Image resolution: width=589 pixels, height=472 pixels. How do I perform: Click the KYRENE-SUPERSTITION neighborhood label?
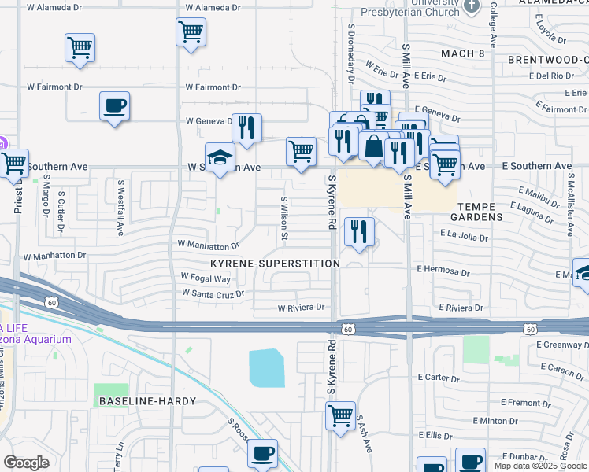[x=275, y=263]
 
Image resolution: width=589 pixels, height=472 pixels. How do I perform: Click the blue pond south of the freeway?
[x=266, y=367]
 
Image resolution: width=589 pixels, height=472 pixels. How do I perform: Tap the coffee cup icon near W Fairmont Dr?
[x=115, y=105]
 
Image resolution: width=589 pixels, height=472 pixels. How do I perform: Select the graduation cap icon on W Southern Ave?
[x=220, y=157]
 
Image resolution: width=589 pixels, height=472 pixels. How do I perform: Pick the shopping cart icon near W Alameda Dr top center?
[x=191, y=32]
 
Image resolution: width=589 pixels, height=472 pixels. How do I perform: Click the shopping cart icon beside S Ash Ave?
[x=340, y=414]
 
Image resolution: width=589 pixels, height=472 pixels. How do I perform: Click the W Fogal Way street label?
[x=206, y=278]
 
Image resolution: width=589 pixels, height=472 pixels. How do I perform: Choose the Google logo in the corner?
[x=26, y=463]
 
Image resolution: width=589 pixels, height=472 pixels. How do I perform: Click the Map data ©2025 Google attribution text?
[x=540, y=466]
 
